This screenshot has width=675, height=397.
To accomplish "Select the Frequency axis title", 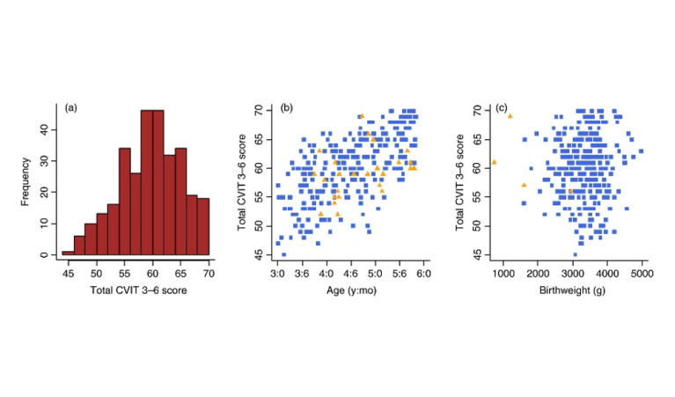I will [26, 181].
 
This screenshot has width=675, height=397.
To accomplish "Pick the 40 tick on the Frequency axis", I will [45, 129].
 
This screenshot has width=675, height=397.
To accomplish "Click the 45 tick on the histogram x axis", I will [69, 274].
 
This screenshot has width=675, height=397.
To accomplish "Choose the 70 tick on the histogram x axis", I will [209, 274].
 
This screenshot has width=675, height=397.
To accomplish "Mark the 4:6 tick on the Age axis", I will [349, 274].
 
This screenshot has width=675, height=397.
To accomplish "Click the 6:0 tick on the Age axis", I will [423, 274].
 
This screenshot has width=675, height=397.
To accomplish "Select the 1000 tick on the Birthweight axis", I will [503, 274].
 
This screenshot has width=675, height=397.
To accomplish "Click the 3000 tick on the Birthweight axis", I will [573, 274].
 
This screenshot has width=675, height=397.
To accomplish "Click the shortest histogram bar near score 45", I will [68, 253].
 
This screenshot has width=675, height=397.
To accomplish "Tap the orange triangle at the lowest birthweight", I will [494, 162].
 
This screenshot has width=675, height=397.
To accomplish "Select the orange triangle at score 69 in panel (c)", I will [510, 116].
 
